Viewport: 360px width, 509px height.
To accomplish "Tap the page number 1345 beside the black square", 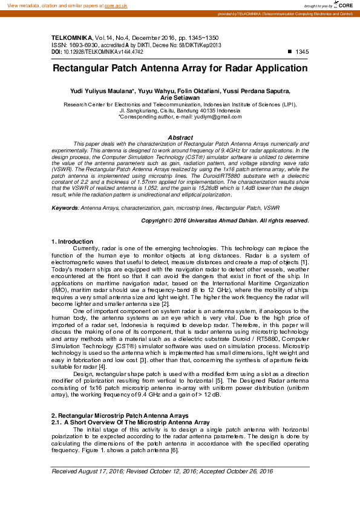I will click(301, 52).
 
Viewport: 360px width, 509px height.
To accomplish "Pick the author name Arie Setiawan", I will click(180, 97).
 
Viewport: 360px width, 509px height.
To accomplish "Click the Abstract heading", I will click(180, 138).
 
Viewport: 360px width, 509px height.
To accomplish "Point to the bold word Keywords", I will click(65, 190).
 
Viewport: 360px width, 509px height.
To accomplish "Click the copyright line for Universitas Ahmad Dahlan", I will click(224, 204).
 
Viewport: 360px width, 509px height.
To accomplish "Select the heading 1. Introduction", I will click(72, 242).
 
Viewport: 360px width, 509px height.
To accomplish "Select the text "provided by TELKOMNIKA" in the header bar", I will click(257, 13).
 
